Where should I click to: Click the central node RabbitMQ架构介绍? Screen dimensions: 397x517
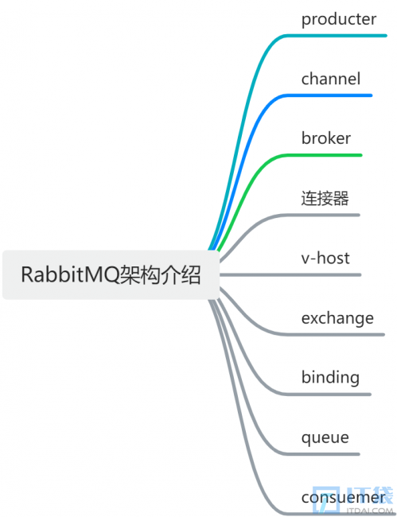click(111, 274)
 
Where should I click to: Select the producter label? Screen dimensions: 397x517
click(339, 19)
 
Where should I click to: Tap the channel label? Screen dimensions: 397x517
click(331, 79)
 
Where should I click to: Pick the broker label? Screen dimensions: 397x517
click(325, 138)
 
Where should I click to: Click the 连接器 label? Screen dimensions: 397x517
click(325, 198)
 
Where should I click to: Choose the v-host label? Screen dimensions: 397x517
click(325, 258)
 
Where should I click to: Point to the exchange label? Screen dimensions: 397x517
click(337, 318)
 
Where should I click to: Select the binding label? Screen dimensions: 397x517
click(330, 378)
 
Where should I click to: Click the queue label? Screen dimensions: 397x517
click(325, 438)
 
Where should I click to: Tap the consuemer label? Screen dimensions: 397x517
click(343, 498)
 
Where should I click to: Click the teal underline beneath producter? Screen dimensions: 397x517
click(335, 36)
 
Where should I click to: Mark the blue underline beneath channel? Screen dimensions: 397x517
click(328, 95)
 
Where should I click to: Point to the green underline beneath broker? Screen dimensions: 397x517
click(322, 155)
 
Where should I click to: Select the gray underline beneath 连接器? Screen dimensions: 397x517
click(321, 215)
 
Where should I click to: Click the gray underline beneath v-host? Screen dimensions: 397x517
click(290, 274)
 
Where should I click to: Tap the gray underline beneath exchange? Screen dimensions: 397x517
click(334, 335)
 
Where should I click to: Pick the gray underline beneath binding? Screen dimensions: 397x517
click(327, 395)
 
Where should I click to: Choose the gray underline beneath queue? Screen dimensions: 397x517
click(321, 454)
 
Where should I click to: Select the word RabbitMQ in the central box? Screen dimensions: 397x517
click(69, 274)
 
